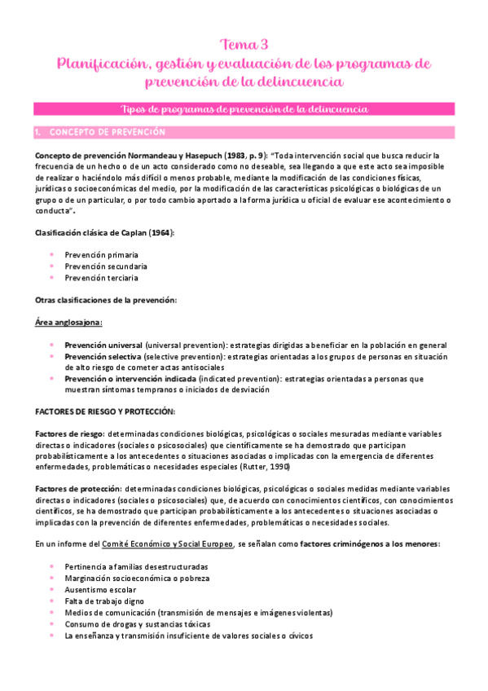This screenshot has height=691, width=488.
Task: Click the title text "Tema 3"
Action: pos(244,44)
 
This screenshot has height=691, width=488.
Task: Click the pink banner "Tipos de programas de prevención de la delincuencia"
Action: pos(244,108)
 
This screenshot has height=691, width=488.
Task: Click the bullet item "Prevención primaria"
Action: pos(102,254)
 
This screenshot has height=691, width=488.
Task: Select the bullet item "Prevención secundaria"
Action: pos(106,266)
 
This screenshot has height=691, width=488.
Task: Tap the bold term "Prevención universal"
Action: pos(103,345)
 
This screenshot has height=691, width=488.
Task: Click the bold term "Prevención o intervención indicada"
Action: pos(127,378)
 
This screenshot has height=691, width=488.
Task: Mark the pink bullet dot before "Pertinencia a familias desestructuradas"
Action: pos(52,566)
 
